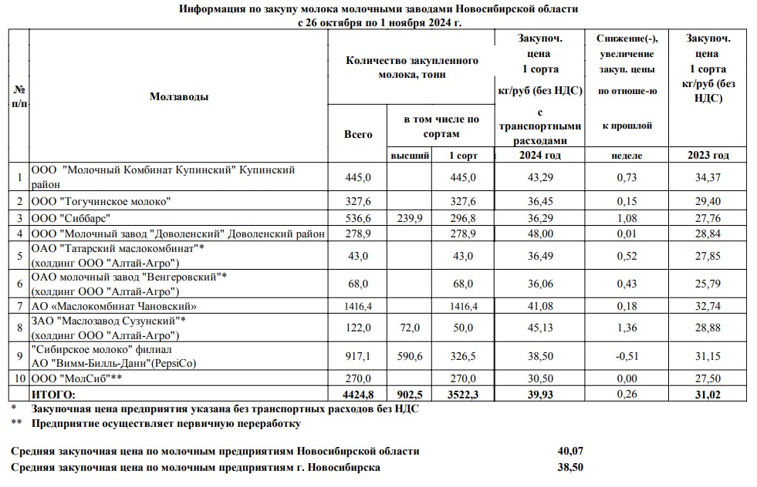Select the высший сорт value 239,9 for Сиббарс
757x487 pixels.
(x=411, y=218)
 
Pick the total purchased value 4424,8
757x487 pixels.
(x=357, y=394)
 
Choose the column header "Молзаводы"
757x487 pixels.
(x=178, y=96)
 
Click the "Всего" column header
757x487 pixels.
(x=357, y=134)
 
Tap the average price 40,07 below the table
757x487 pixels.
(x=571, y=451)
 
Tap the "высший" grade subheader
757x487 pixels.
(x=411, y=155)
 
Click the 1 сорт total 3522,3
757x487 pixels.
(x=463, y=394)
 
